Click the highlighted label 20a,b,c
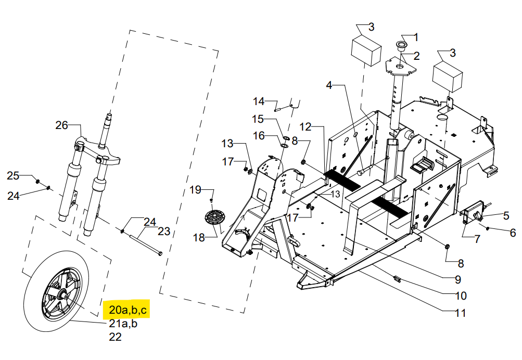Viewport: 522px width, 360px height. pyautogui.click(x=128, y=310)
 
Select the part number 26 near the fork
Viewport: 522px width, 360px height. pyautogui.click(x=61, y=125)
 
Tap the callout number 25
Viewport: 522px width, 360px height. pyautogui.click(x=13, y=176)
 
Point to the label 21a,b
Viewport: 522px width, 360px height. pyautogui.click(x=123, y=324)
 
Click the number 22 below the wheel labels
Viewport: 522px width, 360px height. pyautogui.click(x=115, y=337)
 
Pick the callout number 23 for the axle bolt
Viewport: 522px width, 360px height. pyautogui.click(x=164, y=231)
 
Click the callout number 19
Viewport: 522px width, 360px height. pyautogui.click(x=195, y=190)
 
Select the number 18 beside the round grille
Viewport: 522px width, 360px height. pyautogui.click(x=199, y=238)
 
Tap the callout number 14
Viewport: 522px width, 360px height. pyautogui.click(x=259, y=101)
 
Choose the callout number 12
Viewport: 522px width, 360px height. pyautogui.click(x=305, y=127)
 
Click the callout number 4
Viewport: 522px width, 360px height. pyautogui.click(x=329, y=85)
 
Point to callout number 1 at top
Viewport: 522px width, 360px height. pyautogui.click(x=415, y=37)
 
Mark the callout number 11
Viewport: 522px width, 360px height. pyautogui.click(x=461, y=313)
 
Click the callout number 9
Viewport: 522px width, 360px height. pyautogui.click(x=458, y=279)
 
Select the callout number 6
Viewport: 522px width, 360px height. pyautogui.click(x=513, y=233)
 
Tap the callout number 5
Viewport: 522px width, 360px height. pyautogui.click(x=506, y=215)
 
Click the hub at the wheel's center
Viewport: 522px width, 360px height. pyautogui.click(x=62, y=295)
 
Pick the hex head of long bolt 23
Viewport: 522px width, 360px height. pyautogui.click(x=160, y=253)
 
